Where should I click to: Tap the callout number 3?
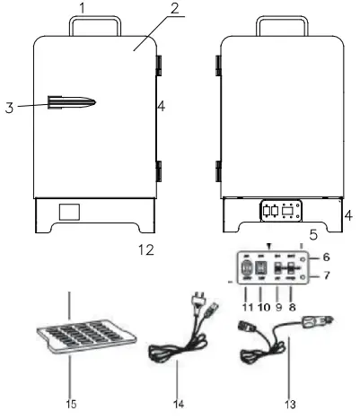point(8,108)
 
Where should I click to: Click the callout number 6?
point(326,257)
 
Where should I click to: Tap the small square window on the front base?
point(69,213)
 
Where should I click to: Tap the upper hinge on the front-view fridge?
point(161,65)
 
